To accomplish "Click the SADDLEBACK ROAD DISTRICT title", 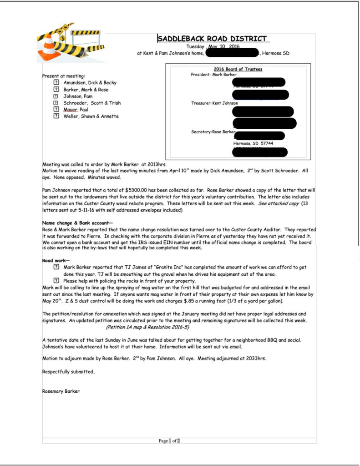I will point(213,39).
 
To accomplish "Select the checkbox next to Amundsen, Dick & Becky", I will point(56,83).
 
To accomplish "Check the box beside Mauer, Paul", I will point(56,110).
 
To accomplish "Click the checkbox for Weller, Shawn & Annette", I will point(56,116).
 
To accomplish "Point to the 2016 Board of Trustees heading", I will point(238,69).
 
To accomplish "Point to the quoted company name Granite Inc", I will point(147,267).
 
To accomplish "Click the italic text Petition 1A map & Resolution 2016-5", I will point(148,327).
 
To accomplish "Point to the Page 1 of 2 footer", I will point(169,441).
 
